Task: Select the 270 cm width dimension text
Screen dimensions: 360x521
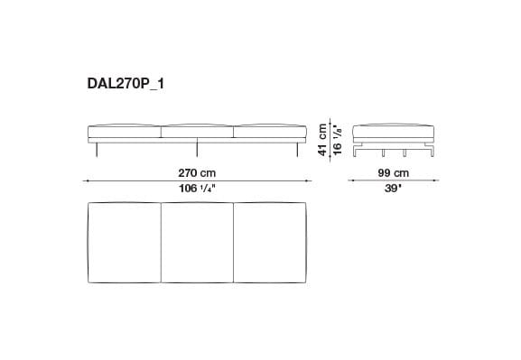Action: [196, 171]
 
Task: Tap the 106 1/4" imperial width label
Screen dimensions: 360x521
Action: [196, 189]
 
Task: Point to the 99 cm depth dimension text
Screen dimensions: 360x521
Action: [392, 171]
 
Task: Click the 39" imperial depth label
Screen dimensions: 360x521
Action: [392, 189]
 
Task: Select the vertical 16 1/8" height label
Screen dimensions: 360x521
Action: [336, 136]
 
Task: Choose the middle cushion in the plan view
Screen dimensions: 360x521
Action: [196, 244]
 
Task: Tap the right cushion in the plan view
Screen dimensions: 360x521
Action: [270, 244]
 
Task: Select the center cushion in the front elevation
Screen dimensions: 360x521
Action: [196, 132]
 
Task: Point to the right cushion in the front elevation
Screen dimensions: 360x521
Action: [270, 132]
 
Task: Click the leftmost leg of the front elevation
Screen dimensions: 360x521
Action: [98, 150]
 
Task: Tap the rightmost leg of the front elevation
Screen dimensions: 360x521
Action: [293, 150]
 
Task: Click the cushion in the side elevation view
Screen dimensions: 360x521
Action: [392, 130]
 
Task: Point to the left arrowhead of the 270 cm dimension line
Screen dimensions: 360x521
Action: [87, 180]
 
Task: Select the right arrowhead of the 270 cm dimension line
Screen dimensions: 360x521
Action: [306, 180]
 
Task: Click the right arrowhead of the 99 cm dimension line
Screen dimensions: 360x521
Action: [433, 180]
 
